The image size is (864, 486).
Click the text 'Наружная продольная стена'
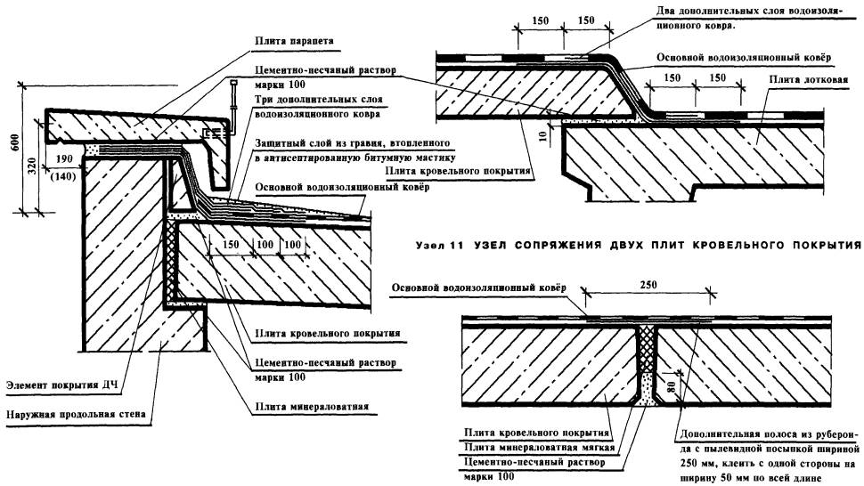coord(79,415)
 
